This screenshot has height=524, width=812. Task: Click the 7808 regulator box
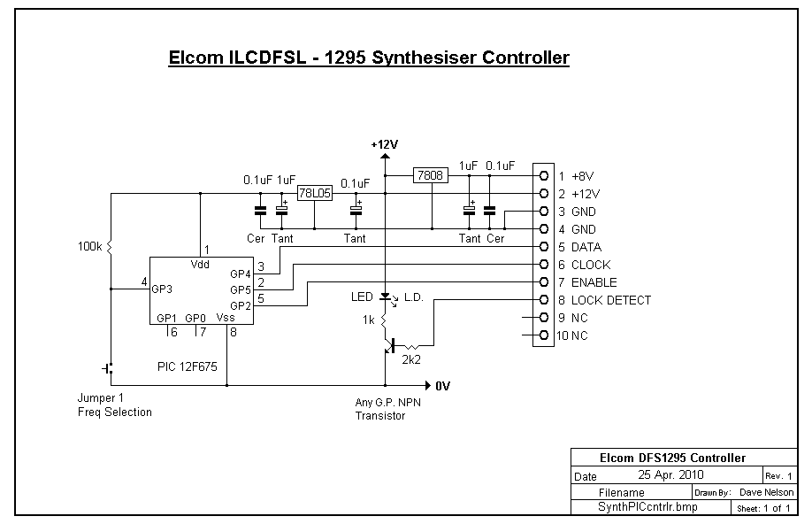tap(431, 175)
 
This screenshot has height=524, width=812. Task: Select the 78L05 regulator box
tap(315, 193)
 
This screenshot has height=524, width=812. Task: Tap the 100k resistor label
tap(89, 247)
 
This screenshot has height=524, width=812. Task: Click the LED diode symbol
tap(385, 297)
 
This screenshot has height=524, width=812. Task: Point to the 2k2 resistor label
tap(411, 359)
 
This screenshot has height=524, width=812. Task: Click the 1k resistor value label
tap(368, 320)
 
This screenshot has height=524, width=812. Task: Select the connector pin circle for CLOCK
tap(544, 265)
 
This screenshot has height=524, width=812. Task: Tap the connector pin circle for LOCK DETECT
tap(544, 299)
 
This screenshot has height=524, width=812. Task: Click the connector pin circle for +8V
tap(544, 176)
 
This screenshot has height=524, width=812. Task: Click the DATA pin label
tap(586, 247)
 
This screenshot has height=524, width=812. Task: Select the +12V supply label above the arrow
tap(385, 144)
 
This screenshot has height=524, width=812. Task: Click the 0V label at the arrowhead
tap(443, 386)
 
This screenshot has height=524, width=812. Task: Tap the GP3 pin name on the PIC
tap(162, 289)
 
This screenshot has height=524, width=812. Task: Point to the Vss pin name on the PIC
tap(226, 318)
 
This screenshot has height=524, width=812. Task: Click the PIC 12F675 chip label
tap(188, 367)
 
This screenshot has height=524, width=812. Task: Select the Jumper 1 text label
tap(101, 398)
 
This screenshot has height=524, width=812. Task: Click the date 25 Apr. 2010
tap(670, 474)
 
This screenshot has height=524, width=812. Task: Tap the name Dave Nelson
tap(766, 492)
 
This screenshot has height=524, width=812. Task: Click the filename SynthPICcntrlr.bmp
tap(647, 507)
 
